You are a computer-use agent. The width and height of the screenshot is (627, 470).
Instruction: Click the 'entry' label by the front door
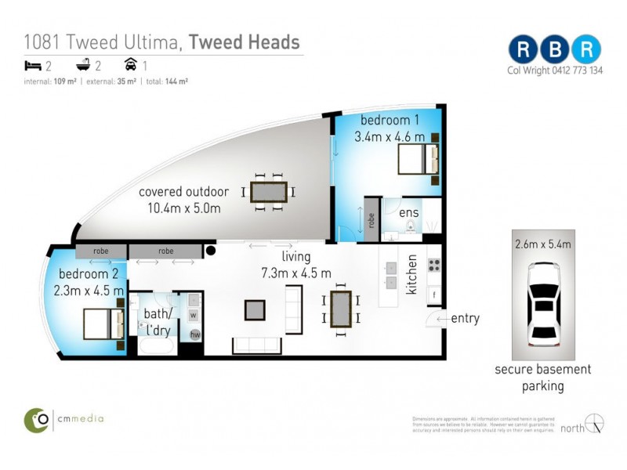[465, 319]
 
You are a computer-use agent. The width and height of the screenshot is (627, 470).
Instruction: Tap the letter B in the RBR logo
[555, 49]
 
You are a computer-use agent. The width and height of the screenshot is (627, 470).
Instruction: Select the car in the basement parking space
[543, 305]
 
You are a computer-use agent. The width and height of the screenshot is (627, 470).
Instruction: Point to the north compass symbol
[595, 423]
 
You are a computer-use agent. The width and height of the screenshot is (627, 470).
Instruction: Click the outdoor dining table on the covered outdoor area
[268, 191]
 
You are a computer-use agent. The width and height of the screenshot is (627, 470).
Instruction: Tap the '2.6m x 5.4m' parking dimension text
[543, 244]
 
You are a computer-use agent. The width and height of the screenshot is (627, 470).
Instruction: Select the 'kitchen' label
[411, 277]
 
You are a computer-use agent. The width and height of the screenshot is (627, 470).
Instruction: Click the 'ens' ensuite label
[408, 212]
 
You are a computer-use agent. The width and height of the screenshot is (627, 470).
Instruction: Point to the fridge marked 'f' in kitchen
[433, 295]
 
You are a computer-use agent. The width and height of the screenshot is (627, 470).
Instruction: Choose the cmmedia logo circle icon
[36, 420]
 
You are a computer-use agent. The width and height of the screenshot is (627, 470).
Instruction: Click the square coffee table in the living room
[255, 310]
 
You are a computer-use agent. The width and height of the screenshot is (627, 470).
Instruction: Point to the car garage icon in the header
[130, 65]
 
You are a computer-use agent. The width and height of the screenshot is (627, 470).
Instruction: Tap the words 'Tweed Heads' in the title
[245, 42]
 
